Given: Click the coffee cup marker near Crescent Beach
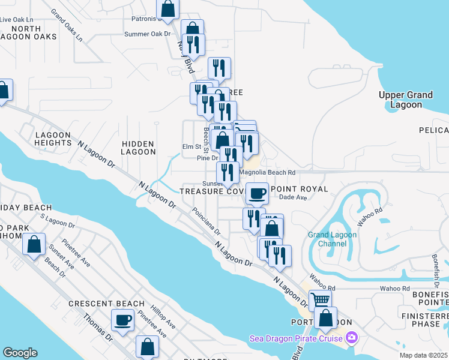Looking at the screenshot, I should tap(123, 320).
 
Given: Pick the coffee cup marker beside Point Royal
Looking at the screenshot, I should tap(257, 193).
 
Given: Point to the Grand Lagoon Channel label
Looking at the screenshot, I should tap(332, 239).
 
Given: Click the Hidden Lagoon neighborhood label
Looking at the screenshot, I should tap(138, 148).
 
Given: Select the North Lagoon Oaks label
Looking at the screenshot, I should tap(34, 32).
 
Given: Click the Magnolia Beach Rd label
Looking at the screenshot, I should tap(268, 172).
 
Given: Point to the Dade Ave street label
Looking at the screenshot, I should tap(294, 197).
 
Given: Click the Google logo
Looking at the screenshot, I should tap(20, 353).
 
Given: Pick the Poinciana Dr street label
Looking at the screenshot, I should tap(206, 221).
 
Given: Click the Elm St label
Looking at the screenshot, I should tap(191, 147).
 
